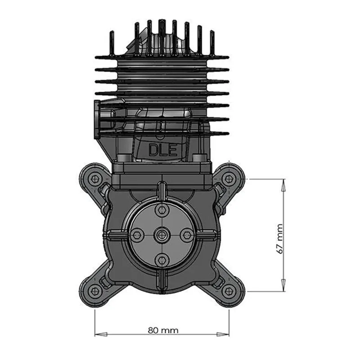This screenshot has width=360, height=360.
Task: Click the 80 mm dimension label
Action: coord(163,330)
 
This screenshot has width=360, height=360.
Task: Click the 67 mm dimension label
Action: coord(279,239)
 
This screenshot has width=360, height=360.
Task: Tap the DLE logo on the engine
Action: coord(163,150)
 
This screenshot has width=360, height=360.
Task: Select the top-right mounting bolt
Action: coord(229,178)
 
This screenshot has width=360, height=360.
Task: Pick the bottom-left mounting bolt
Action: coord(95,291)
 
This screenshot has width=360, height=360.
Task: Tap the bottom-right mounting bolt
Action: coord(229,291)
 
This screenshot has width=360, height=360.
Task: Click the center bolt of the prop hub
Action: coord(162,234)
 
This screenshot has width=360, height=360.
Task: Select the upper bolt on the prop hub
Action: coord(162,210)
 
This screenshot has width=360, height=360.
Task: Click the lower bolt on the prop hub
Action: coord(162,260)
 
